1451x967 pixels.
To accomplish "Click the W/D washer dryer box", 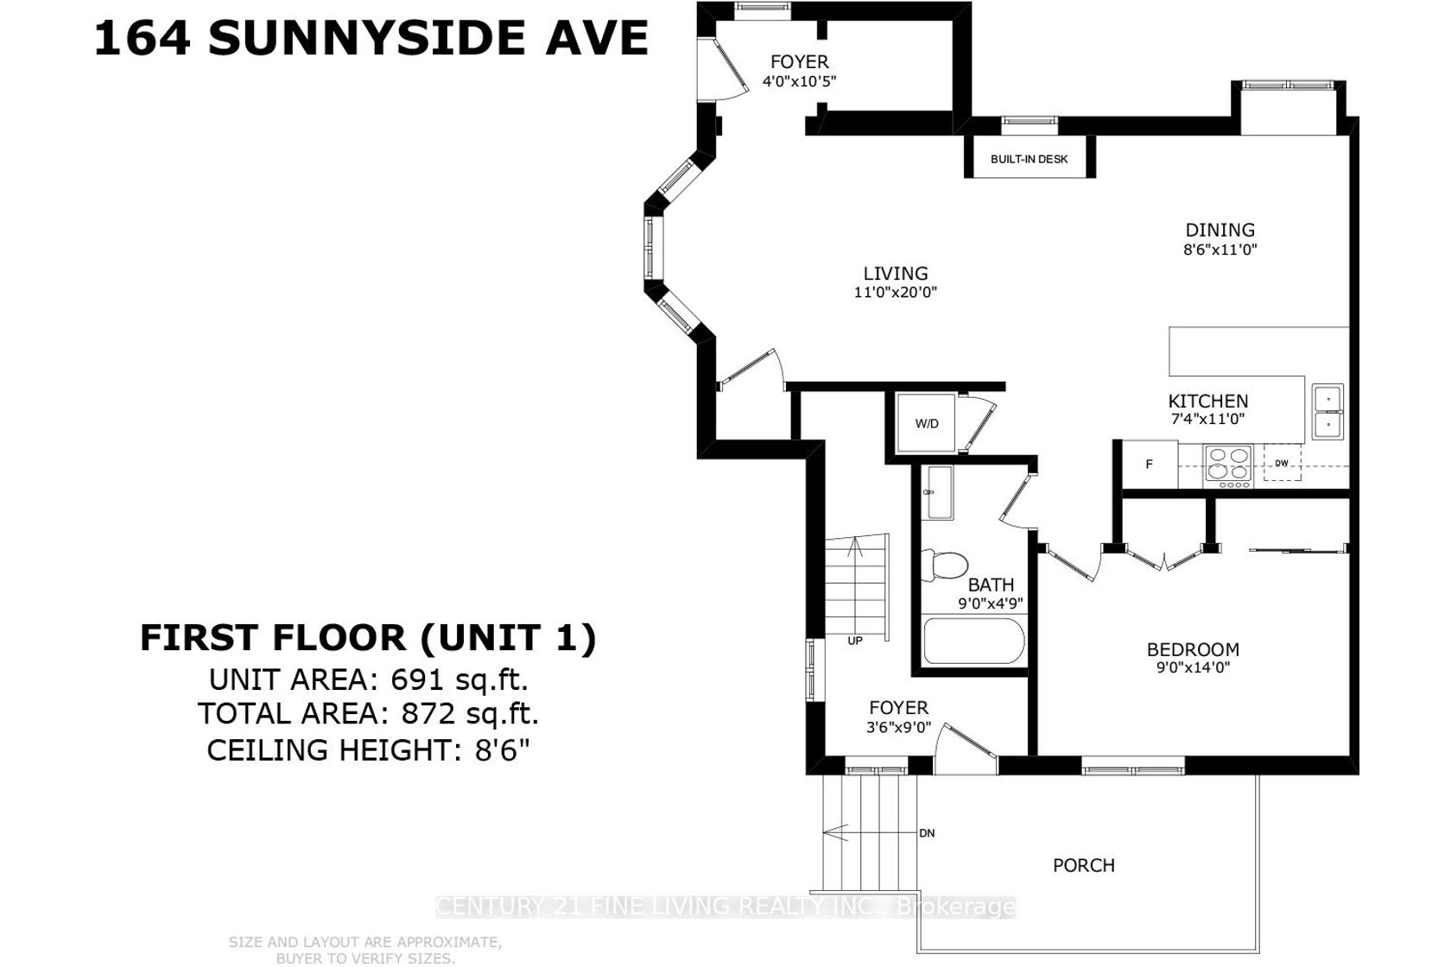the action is click(926, 423).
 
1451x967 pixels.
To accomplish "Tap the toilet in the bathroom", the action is click(945, 565).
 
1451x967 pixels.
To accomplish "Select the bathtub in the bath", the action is click(973, 641).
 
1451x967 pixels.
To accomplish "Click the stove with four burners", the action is click(1228, 466).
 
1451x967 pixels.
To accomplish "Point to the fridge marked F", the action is click(1150, 464).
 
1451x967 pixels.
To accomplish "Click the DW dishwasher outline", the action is click(1282, 463).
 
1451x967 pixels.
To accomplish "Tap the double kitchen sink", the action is click(1327, 412).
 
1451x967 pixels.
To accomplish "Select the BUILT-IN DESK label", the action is click(1029, 160).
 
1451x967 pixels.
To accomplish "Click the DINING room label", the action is click(1220, 230).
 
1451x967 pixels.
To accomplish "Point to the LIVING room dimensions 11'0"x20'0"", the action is click(895, 292).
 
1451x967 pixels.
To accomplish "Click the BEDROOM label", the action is click(1194, 649).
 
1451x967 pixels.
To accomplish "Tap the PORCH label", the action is click(1084, 865).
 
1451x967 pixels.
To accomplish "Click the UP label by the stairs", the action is click(855, 641).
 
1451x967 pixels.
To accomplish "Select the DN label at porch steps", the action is click(927, 833).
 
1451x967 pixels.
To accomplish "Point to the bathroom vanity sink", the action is click(941, 492).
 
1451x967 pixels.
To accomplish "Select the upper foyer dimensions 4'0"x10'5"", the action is click(800, 82).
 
